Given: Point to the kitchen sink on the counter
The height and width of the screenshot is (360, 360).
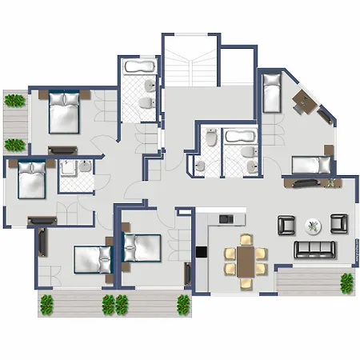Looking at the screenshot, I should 226,218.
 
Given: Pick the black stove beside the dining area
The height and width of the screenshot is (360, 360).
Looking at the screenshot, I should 201,252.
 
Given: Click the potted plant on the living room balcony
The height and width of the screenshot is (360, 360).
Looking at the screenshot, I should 346,282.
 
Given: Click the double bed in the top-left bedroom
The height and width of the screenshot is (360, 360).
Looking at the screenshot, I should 64,112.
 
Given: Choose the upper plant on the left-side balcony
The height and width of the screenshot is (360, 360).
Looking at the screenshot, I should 14,101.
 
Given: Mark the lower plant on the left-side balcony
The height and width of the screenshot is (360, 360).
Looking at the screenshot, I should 14,145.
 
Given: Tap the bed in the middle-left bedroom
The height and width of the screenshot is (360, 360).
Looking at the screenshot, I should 33,179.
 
